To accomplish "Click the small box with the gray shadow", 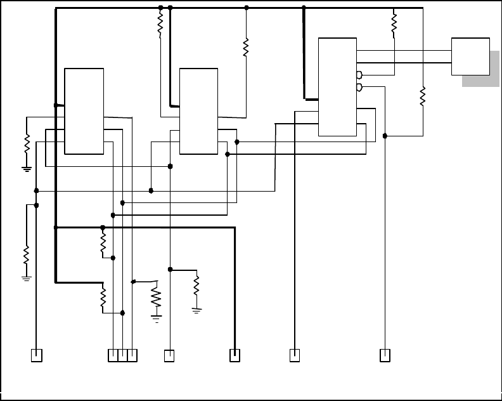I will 470,56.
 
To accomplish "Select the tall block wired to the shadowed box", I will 337,86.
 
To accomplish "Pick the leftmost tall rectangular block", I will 84,110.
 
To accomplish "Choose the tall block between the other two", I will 198,110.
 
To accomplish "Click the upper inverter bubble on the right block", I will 359,75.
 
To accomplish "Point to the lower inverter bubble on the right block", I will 359,87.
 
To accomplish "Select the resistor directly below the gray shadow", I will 422,96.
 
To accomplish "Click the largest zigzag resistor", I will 156,297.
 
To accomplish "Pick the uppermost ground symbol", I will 27,169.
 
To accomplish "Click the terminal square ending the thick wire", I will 234,355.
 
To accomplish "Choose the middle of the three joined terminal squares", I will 122,355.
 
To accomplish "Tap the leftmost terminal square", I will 37,355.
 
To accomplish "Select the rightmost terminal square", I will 384,355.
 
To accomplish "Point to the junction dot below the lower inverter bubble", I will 385,135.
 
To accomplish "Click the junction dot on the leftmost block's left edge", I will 56,105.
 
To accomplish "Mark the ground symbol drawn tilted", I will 196,310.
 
